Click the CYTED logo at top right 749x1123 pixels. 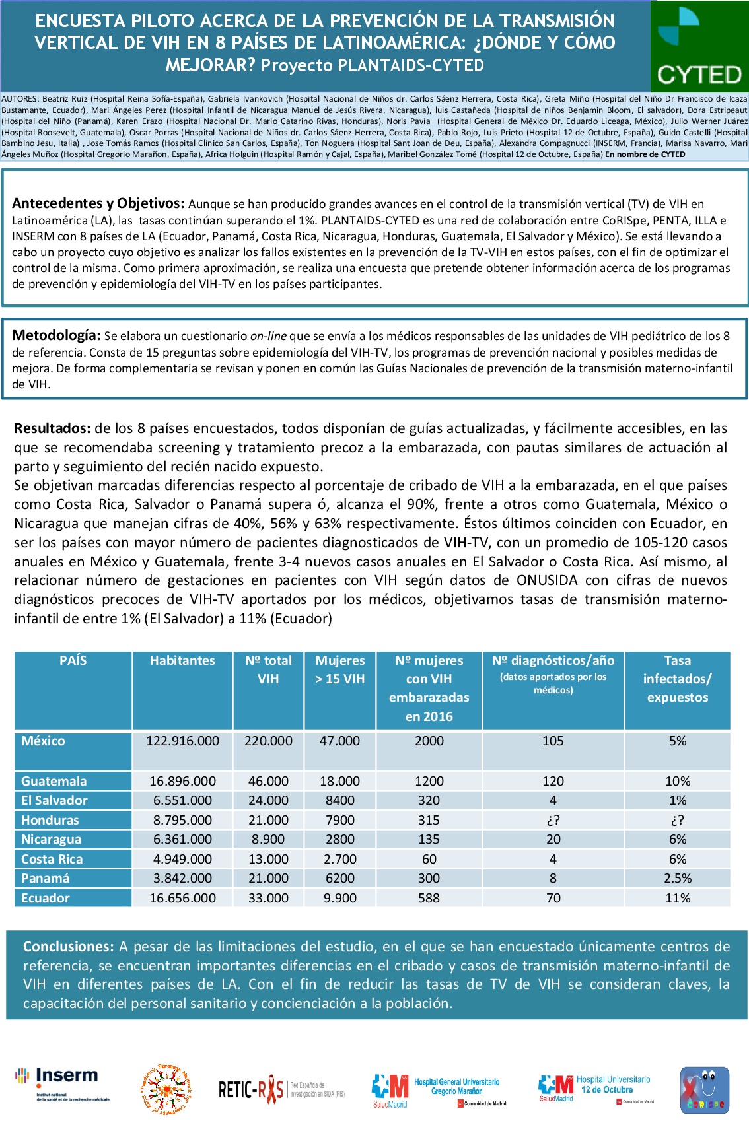pyautogui.click(x=699, y=46)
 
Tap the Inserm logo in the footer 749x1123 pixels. pyautogui.click(x=63, y=1085)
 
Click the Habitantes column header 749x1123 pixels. pyautogui.click(x=182, y=661)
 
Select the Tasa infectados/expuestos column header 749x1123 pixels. pyautogui.click(x=677, y=679)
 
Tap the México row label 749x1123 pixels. pyautogui.click(x=44, y=741)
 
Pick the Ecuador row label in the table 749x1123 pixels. pyautogui.click(x=46, y=898)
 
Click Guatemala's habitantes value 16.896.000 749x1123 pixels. pyautogui.click(x=182, y=782)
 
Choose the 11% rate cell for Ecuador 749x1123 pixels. pyautogui.click(x=678, y=898)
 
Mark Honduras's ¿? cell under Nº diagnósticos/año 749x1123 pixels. pyautogui.click(x=553, y=821)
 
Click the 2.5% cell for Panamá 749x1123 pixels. pyautogui.click(x=678, y=879)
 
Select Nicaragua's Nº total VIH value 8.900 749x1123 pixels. pyautogui.click(x=268, y=840)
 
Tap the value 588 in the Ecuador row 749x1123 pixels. pyautogui.click(x=429, y=898)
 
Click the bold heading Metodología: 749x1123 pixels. pyautogui.click(x=56, y=335)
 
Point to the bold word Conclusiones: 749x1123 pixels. pyautogui.click(x=69, y=947)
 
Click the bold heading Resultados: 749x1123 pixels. pyautogui.click(x=52, y=428)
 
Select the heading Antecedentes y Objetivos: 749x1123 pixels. pyautogui.click(x=98, y=203)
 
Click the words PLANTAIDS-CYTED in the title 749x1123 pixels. pyautogui.click(x=410, y=65)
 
